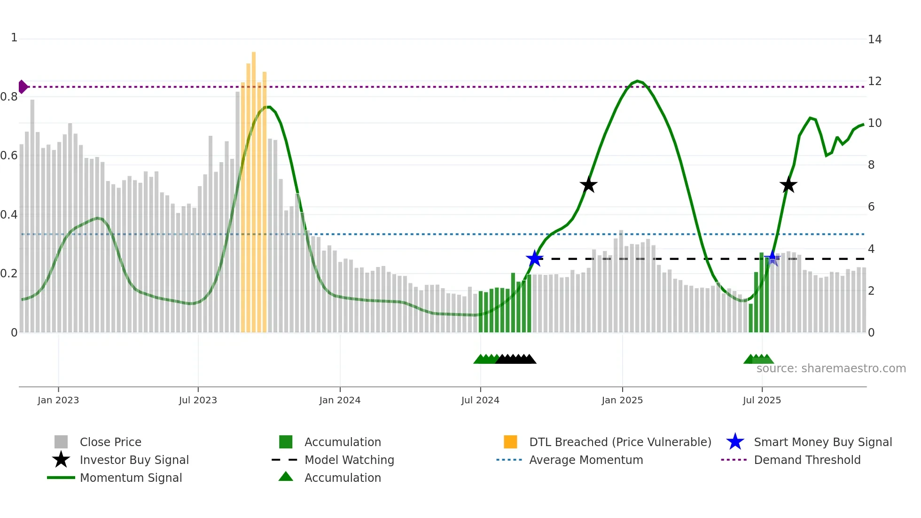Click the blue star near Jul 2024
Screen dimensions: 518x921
click(x=534, y=259)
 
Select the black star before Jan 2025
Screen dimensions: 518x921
click(x=588, y=185)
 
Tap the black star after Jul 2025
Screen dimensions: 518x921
click(x=788, y=185)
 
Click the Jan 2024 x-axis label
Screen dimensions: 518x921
click(x=340, y=400)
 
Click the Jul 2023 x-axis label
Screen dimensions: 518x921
click(x=198, y=400)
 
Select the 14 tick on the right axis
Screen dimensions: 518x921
click(x=874, y=39)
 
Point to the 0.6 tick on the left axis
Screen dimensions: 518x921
click(x=9, y=156)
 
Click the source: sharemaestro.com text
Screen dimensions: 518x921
click(x=831, y=369)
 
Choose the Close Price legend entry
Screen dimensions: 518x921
click(x=110, y=442)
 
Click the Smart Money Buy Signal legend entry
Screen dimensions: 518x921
click(x=822, y=442)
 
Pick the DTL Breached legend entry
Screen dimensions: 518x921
click(x=620, y=442)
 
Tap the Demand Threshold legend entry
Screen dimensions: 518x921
click(x=807, y=460)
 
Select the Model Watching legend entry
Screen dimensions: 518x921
click(x=349, y=460)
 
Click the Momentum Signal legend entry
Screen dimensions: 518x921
click(x=131, y=478)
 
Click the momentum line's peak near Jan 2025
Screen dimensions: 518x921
click(x=637, y=81)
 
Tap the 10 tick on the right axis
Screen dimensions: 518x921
click(x=874, y=123)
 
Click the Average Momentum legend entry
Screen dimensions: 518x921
click(x=585, y=460)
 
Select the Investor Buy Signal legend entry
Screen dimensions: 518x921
click(x=134, y=460)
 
